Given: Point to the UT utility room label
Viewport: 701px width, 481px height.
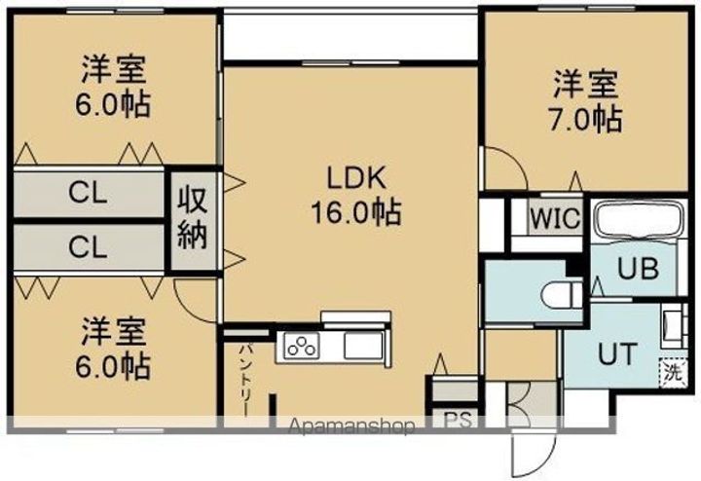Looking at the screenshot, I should click(616, 352).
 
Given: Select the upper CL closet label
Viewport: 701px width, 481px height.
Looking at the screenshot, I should click(87, 193).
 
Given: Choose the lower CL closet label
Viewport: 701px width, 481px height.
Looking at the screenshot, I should click(87, 247).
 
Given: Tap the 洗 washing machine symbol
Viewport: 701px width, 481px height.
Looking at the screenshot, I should click(670, 371).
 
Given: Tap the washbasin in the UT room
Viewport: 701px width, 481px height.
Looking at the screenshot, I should click(671, 324).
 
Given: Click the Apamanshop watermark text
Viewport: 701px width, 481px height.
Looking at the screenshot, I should click(354, 426).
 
